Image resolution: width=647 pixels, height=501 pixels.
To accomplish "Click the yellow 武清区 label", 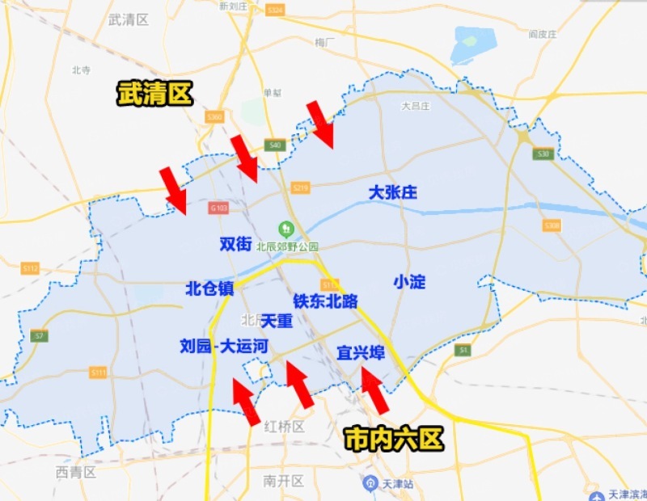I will point(154,93).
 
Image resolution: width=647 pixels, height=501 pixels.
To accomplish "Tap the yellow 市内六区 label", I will point(395,439).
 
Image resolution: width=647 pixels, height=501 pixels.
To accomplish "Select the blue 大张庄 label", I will point(392,193).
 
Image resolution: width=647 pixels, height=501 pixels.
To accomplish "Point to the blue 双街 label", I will point(235,243).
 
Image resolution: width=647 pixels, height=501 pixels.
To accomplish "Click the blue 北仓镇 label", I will point(209,288).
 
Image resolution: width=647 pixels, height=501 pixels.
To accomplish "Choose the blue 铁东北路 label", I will point(325,301).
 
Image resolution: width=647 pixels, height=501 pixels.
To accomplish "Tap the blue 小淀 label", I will point(409,281).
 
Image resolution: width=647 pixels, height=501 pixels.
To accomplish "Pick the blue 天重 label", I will point(277,321).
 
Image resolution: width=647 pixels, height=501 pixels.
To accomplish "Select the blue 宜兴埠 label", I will point(361,353).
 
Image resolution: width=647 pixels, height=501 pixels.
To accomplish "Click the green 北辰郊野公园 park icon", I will point(285,229).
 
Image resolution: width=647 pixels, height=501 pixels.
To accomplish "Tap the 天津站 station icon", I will point(369,483).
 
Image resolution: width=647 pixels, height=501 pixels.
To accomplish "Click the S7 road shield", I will point(39,335).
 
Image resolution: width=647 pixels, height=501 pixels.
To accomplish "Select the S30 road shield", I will point(543,154).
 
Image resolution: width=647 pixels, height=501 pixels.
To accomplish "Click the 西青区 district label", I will point(76,471).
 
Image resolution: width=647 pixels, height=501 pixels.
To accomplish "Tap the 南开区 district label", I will point(283,481).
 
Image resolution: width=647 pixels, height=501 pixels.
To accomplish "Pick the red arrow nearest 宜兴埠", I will point(374,390).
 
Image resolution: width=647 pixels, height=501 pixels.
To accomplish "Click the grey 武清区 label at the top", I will point(129,19).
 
